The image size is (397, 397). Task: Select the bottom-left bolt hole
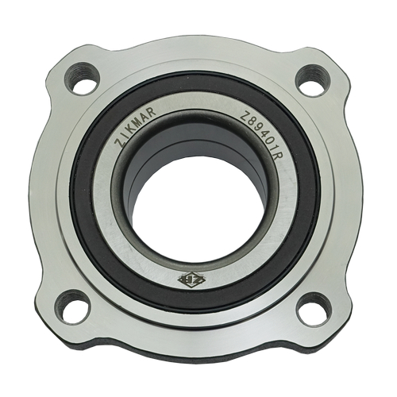tap(72, 306)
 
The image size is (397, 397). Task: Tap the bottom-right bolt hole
tap(314, 306)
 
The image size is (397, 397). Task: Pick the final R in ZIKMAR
tap(151, 110)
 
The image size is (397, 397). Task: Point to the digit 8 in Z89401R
tap(252, 121)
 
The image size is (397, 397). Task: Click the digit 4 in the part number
tap(264, 134)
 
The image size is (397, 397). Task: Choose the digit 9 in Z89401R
tap(258, 128)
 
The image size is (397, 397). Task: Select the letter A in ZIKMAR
tap(145, 114)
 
